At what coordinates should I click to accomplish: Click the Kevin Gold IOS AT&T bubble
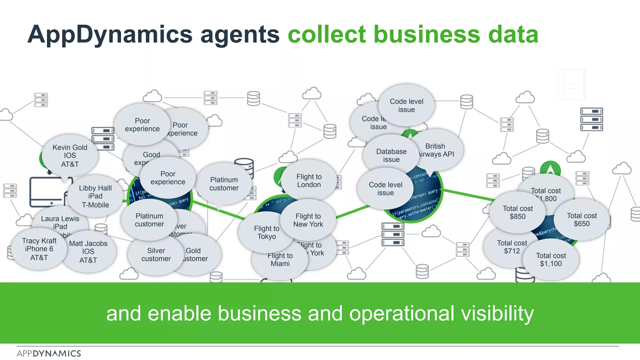[x=70, y=156]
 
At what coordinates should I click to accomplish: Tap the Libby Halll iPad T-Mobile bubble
[x=95, y=196]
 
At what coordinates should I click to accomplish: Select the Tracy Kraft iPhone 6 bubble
[x=39, y=249]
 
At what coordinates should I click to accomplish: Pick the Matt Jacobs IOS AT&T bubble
[x=88, y=252]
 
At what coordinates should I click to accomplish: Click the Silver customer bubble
[x=156, y=255]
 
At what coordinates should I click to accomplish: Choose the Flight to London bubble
[x=309, y=181]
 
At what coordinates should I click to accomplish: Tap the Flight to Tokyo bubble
[x=266, y=232]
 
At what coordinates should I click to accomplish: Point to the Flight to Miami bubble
[x=280, y=260]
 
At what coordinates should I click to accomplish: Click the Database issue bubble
[x=391, y=155]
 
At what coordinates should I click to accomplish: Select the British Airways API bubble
[x=437, y=150]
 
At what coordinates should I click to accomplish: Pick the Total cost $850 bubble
[x=517, y=212]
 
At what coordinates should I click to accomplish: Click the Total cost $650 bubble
[x=582, y=220]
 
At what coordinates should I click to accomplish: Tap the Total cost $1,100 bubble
[x=551, y=260]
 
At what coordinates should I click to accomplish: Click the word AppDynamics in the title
[x=110, y=34]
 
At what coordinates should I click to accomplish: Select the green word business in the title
[x=427, y=34]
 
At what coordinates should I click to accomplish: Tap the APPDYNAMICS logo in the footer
[x=49, y=354]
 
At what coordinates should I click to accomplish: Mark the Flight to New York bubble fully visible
[x=308, y=220]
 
